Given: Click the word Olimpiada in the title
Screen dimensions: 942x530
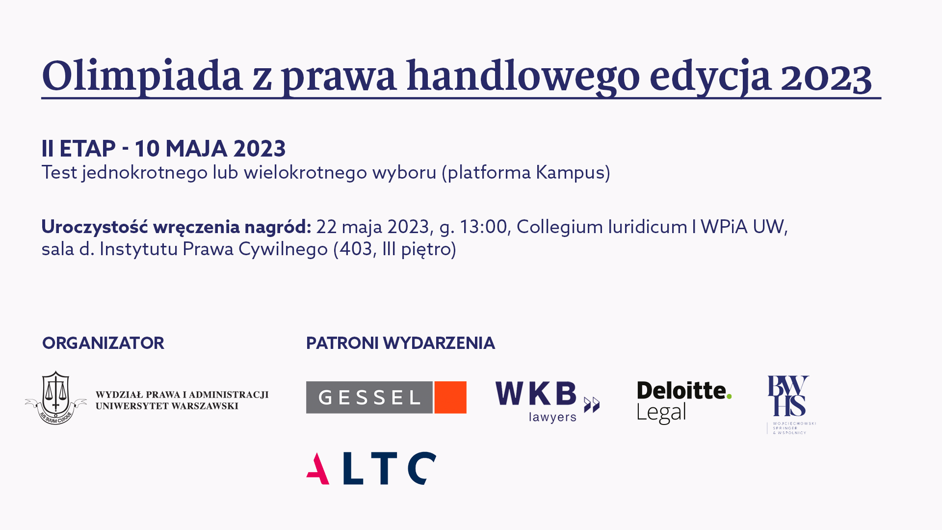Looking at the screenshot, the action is click(142, 76).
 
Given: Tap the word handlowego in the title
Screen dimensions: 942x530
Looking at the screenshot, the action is click(523, 76).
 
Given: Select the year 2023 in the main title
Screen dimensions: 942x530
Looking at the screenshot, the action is click(826, 77).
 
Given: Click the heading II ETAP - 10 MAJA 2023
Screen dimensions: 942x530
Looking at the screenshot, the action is click(163, 148).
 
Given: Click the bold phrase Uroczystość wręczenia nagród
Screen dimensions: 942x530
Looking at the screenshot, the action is click(176, 227).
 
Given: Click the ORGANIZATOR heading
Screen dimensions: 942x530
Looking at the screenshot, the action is click(103, 343).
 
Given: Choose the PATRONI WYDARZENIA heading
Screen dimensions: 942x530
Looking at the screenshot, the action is click(400, 343).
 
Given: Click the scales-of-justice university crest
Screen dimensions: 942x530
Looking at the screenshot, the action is click(56, 397).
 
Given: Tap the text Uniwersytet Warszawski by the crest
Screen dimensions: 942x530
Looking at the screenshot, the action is click(167, 406).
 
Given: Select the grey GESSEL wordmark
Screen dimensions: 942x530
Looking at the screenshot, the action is click(369, 397).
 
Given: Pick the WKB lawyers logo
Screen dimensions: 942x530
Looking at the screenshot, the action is click(548, 401).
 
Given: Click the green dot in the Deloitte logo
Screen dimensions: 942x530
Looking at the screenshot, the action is click(729, 396).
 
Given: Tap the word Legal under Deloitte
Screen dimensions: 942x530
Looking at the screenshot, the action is click(661, 413).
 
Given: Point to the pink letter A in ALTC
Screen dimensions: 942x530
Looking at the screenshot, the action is click(318, 469).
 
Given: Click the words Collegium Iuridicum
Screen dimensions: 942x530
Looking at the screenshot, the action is click(602, 227).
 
